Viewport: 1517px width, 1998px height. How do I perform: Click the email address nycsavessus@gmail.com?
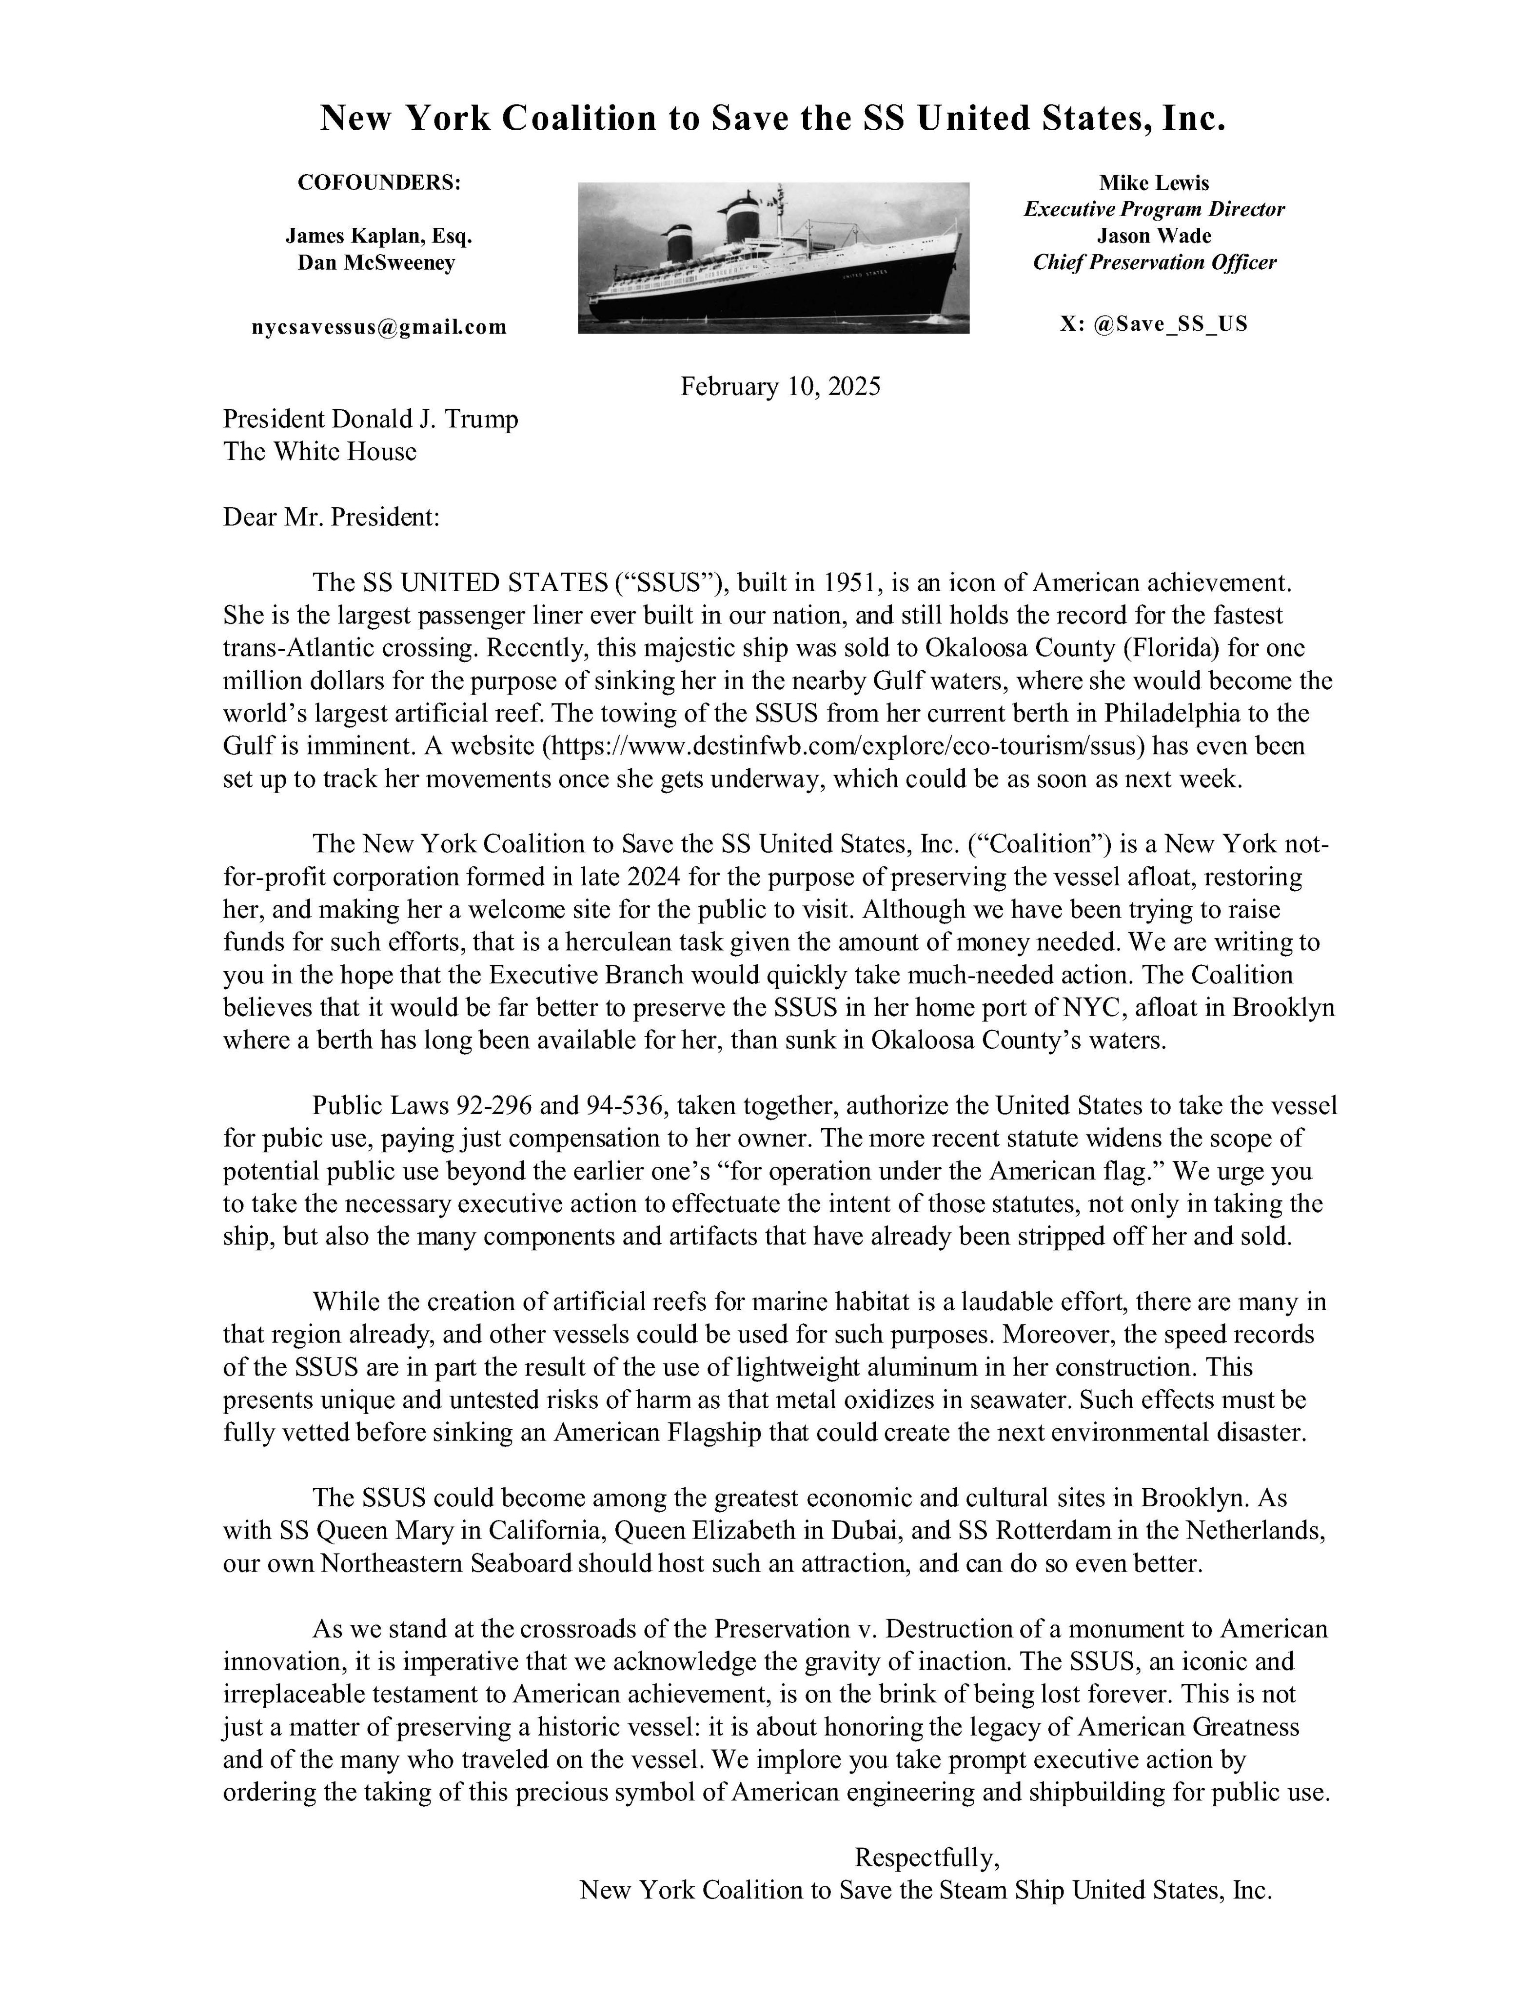pyautogui.click(x=379, y=327)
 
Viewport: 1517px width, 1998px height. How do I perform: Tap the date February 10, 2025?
pyautogui.click(x=780, y=387)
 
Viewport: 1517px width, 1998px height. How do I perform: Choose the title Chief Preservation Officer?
pyautogui.click(x=1154, y=263)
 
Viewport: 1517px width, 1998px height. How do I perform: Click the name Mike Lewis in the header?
pyautogui.click(x=1154, y=183)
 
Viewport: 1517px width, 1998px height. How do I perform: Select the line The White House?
pyautogui.click(x=320, y=452)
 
